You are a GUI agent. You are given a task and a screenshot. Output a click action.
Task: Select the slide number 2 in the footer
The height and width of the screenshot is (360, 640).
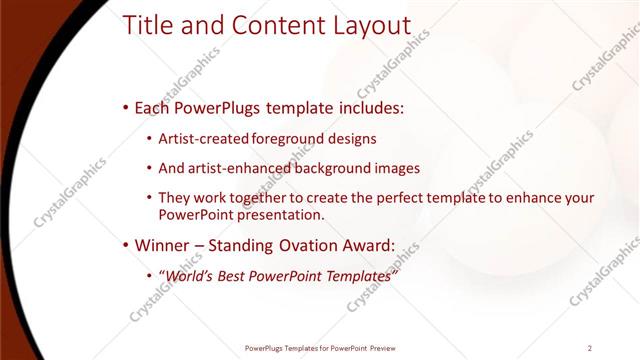[x=590, y=348]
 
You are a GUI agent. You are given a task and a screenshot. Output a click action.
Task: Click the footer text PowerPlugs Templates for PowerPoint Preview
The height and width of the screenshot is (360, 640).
[x=320, y=348]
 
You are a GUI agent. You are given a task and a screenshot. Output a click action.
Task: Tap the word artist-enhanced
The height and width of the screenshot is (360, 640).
[x=236, y=168]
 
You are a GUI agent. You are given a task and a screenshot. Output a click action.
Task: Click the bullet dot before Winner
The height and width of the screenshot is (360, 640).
[x=124, y=245]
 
